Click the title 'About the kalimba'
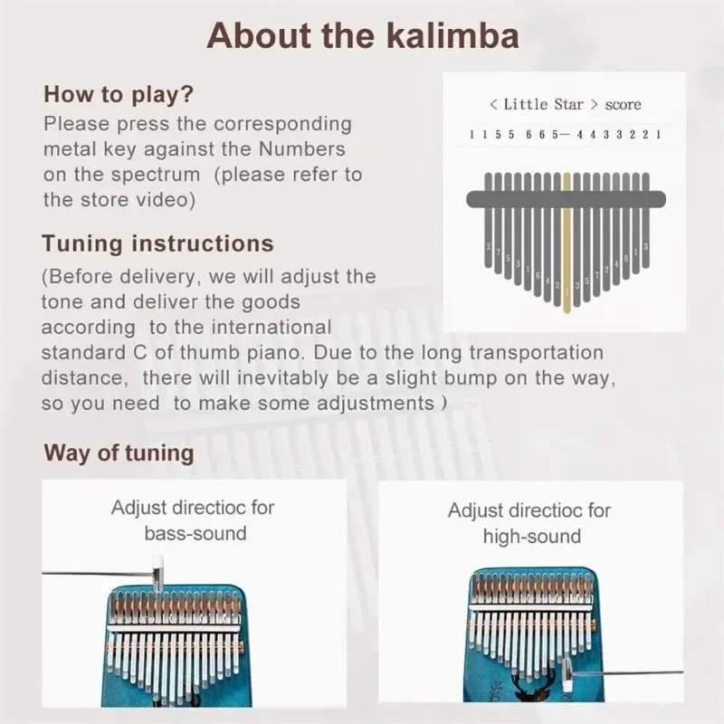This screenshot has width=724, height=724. pyautogui.click(x=362, y=35)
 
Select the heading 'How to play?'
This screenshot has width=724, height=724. pyautogui.click(x=119, y=94)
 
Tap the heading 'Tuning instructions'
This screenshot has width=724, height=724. pyautogui.click(x=157, y=243)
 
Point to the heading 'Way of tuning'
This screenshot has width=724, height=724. pyautogui.click(x=119, y=452)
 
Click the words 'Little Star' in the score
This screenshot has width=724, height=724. pyautogui.click(x=543, y=104)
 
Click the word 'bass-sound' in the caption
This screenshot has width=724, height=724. pyautogui.click(x=195, y=533)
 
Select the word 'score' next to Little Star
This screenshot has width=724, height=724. pyautogui.click(x=623, y=104)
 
